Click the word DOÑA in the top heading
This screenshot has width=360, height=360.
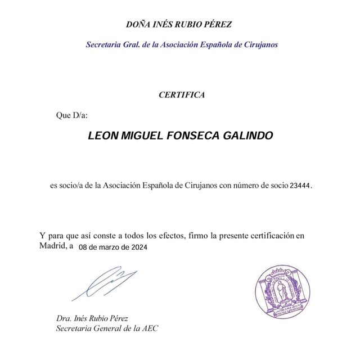point(139,24)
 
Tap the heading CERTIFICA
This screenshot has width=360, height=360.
point(182,95)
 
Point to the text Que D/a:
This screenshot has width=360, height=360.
point(72,116)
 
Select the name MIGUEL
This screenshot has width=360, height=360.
point(141,137)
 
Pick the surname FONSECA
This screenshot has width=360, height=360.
point(193,137)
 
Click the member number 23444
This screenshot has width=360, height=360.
point(299,185)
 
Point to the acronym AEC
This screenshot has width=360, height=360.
point(149,328)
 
